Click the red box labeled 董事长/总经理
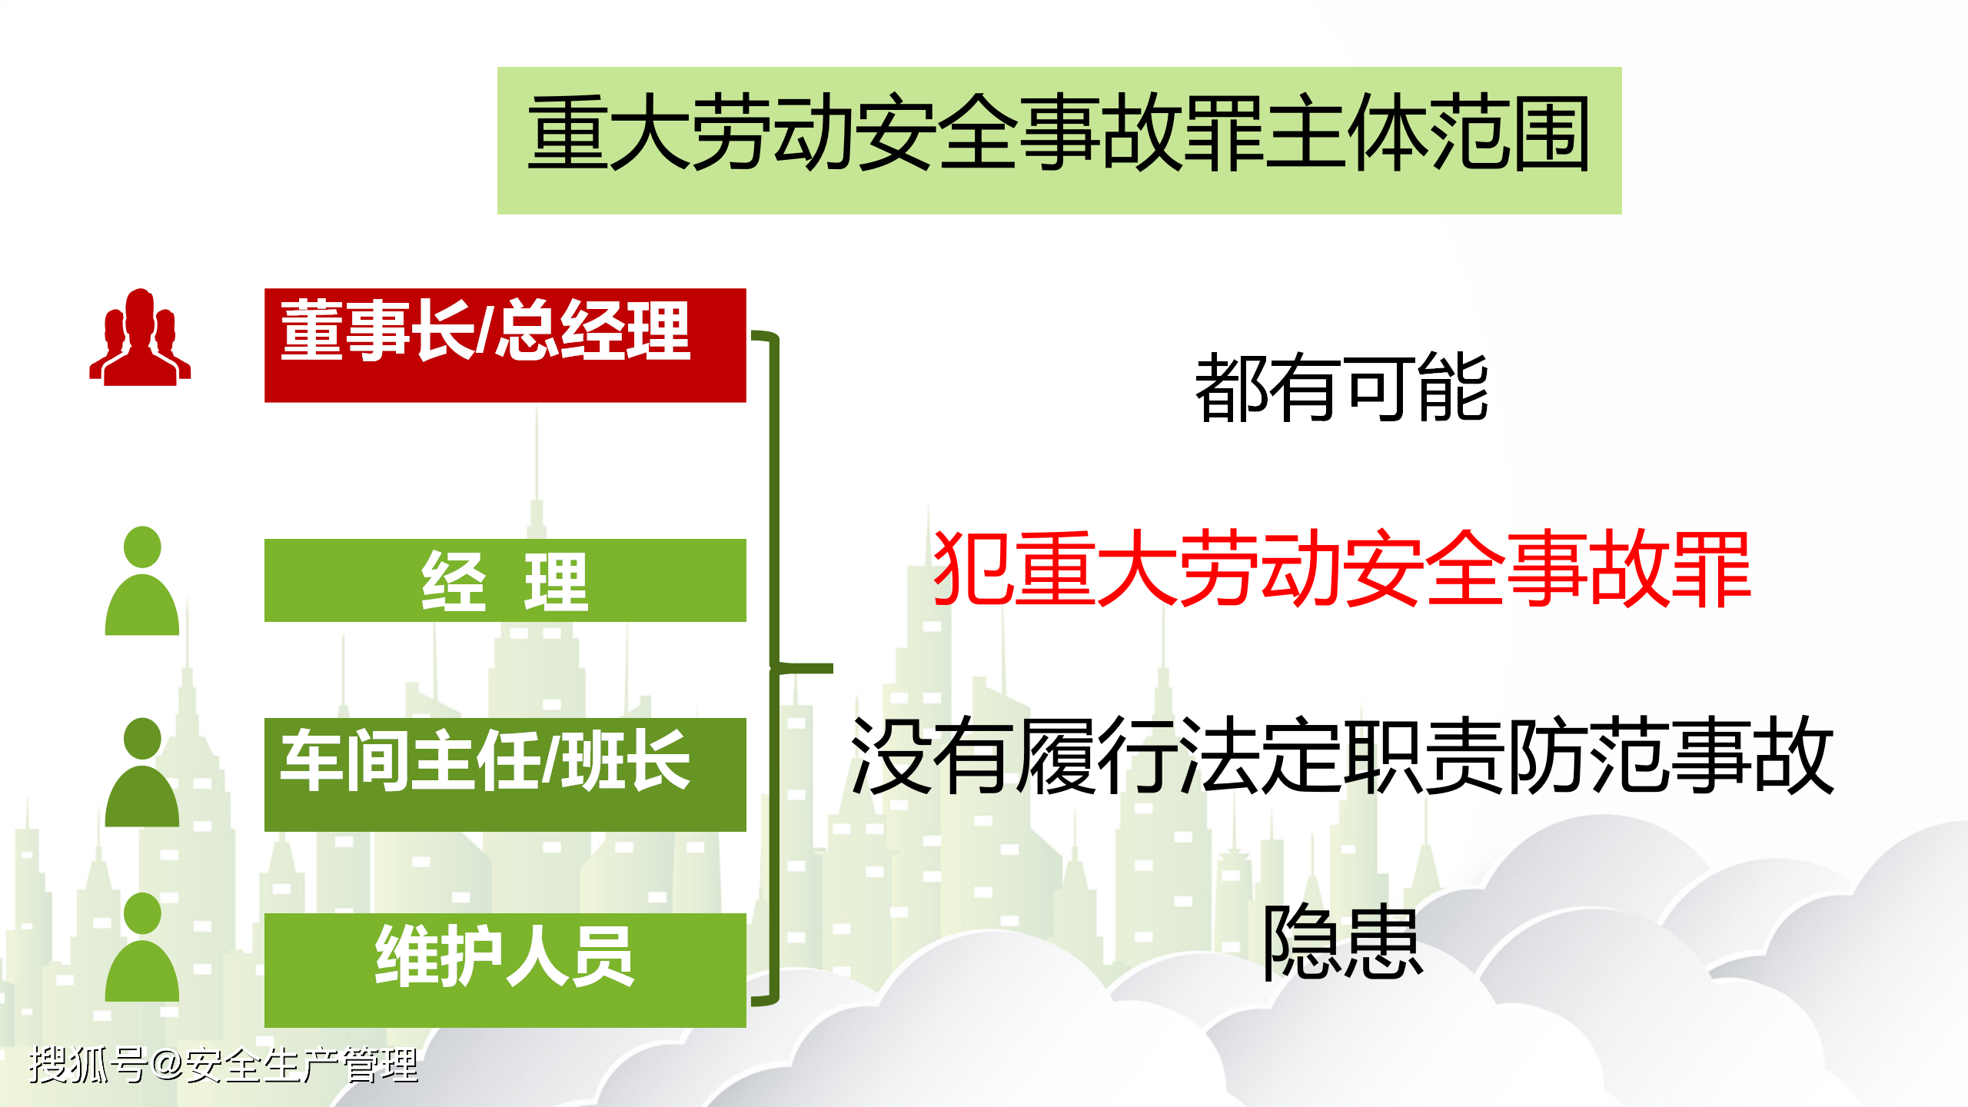point(505,345)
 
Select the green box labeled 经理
point(505,580)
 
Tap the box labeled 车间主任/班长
point(505,774)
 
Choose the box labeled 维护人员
point(505,970)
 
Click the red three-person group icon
point(140,337)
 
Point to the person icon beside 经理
point(142,580)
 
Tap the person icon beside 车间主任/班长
point(142,772)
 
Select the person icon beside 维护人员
point(142,946)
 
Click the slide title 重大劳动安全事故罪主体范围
point(1059,132)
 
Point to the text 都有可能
point(1341,387)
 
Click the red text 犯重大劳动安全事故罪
point(1341,568)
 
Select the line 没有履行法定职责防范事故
point(1342,754)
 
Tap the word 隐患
point(1342,942)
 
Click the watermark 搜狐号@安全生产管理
point(223,1065)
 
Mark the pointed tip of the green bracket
point(832,668)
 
